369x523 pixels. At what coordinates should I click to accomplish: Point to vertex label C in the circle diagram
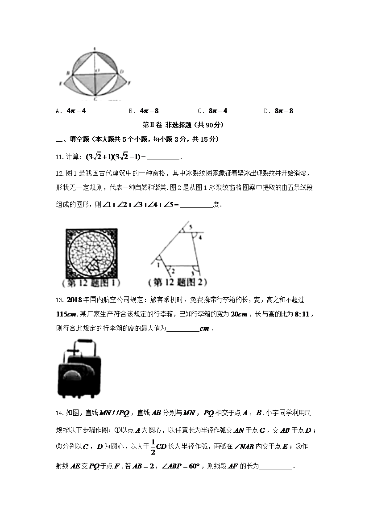click(95, 98)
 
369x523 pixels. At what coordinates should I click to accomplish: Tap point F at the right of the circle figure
click(129, 83)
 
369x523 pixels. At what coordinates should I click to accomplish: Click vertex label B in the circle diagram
click(67, 72)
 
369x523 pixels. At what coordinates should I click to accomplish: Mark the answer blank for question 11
click(163, 157)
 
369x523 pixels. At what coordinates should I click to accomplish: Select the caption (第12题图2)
click(178, 283)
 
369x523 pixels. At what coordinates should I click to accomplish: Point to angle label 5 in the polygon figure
click(191, 228)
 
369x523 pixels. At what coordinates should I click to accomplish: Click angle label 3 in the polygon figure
click(193, 271)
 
